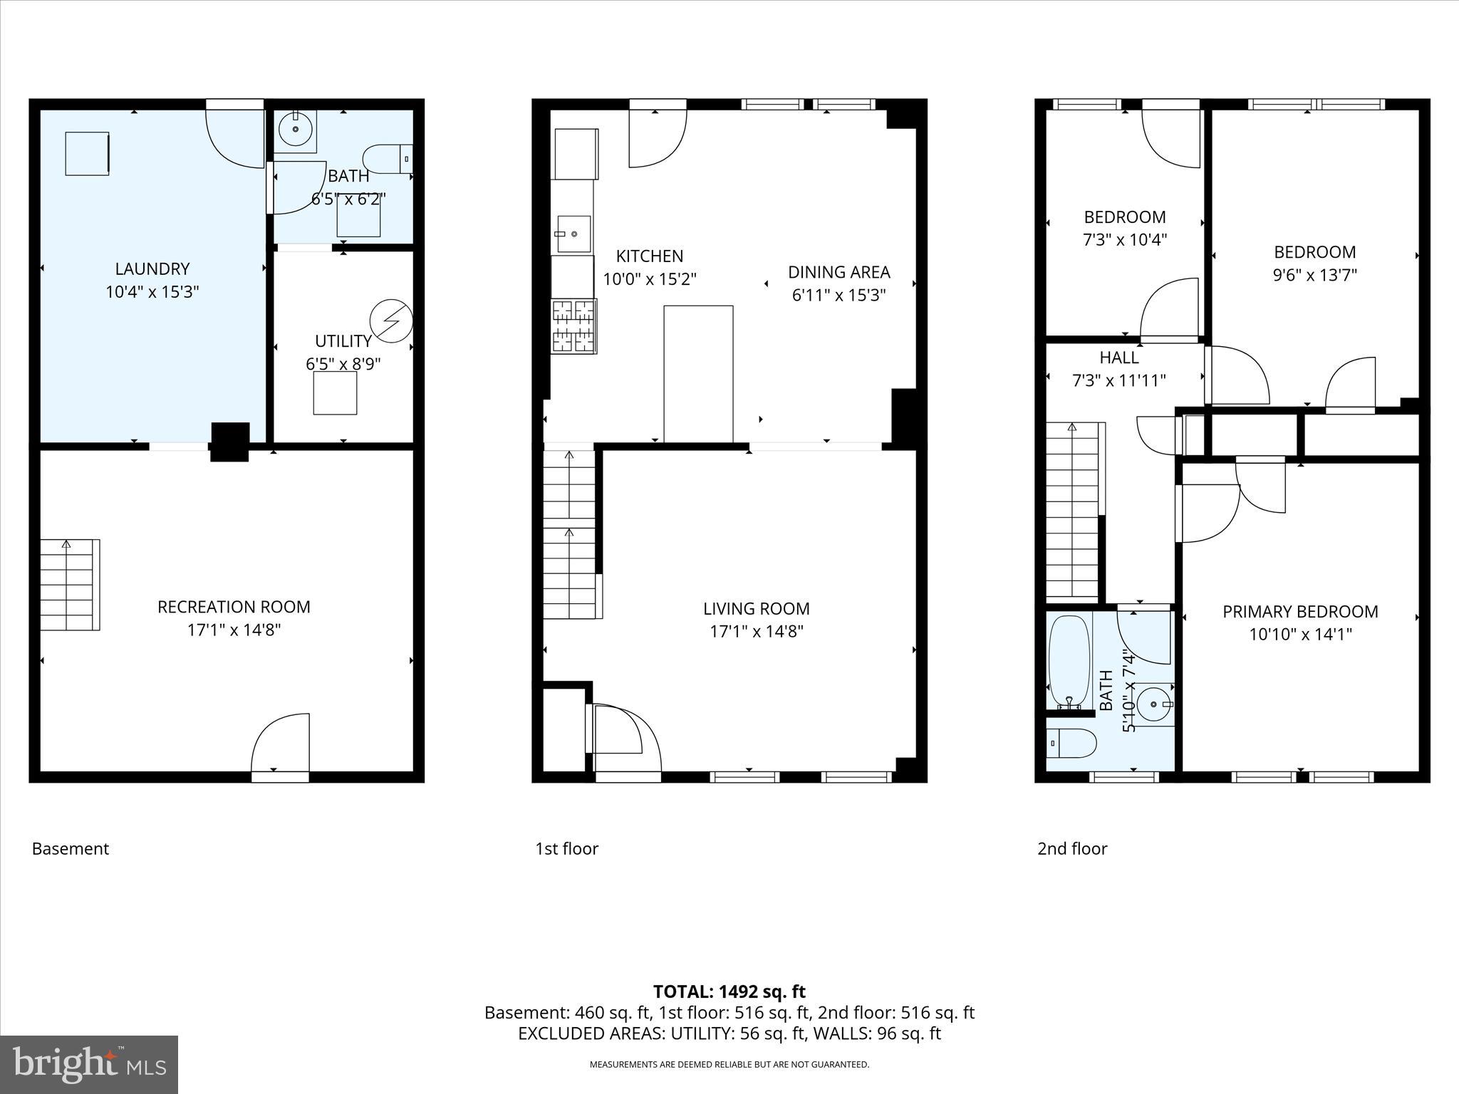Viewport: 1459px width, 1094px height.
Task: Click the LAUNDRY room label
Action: (152, 269)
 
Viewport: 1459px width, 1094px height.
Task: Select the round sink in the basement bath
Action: (295, 130)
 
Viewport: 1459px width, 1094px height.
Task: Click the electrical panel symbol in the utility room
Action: (391, 321)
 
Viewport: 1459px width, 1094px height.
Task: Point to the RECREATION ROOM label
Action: (234, 607)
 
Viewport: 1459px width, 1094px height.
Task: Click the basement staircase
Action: (68, 585)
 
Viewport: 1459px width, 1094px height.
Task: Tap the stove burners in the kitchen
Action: (573, 327)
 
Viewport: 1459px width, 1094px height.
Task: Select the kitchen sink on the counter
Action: (573, 234)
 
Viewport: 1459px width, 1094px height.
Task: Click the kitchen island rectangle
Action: (698, 374)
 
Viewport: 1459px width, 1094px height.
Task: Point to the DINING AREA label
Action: (838, 272)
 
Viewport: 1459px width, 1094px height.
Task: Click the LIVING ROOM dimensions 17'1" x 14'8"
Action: (757, 631)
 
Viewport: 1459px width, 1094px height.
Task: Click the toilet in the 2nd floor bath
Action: (1071, 744)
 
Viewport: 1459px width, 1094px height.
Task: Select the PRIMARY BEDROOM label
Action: (1300, 612)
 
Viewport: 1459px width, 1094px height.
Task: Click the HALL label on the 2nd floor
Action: (1118, 358)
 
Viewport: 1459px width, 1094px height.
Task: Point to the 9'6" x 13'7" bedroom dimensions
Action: (1314, 275)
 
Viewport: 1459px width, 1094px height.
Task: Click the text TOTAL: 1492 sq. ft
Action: (729, 991)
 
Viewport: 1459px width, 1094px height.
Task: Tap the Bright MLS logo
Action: (89, 1065)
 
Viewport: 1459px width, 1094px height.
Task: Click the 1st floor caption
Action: (566, 848)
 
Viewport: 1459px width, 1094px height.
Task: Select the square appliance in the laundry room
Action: (87, 153)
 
